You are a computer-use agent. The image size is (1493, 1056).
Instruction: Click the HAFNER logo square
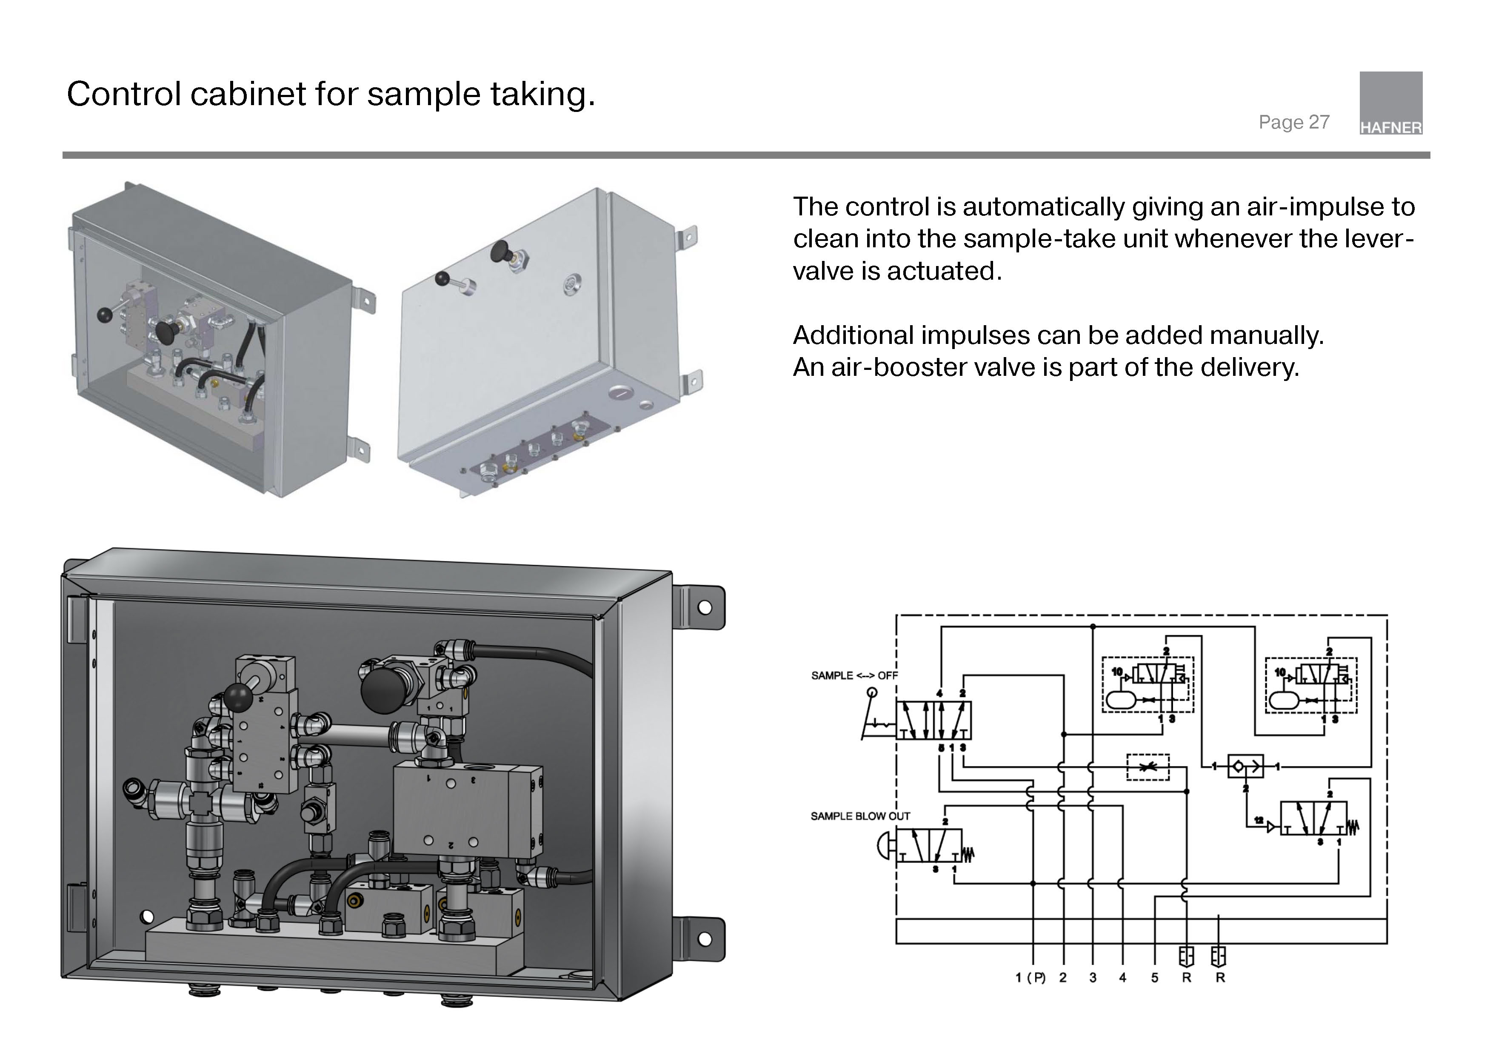[1390, 103]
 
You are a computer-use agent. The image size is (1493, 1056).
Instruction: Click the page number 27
[1319, 122]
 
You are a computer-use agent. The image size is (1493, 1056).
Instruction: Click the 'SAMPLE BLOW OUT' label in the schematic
[859, 816]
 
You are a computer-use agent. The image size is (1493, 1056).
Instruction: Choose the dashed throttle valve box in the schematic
[1148, 767]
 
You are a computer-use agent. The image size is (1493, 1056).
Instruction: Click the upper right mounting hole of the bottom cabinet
[704, 608]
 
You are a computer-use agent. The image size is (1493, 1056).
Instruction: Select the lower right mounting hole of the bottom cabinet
[704, 939]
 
